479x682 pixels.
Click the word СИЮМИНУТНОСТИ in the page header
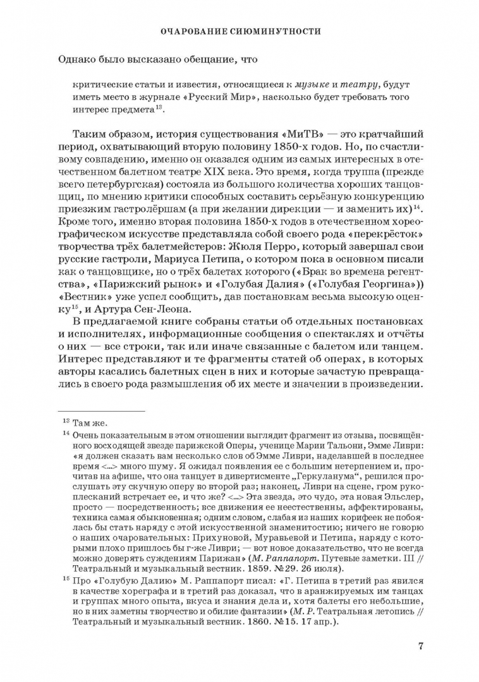(x=276, y=31)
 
